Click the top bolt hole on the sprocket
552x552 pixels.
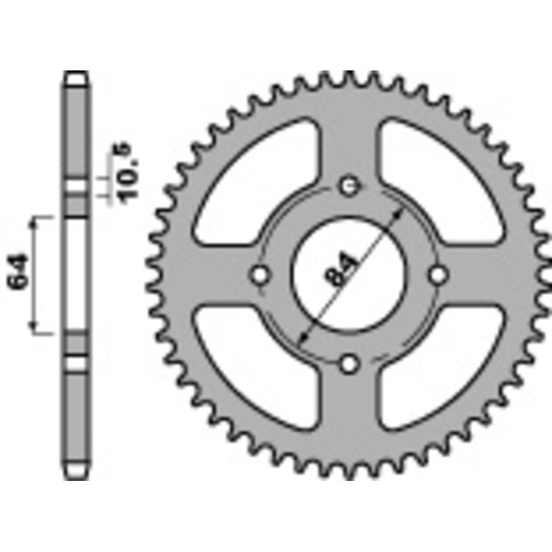(x=350, y=186)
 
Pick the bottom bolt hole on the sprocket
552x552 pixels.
(x=350, y=363)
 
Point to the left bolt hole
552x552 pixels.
(x=260, y=275)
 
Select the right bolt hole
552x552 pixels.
(x=438, y=275)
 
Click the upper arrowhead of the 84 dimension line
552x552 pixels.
(x=400, y=213)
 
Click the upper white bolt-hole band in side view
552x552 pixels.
(x=77, y=187)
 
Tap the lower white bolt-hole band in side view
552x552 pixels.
(x=77, y=362)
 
